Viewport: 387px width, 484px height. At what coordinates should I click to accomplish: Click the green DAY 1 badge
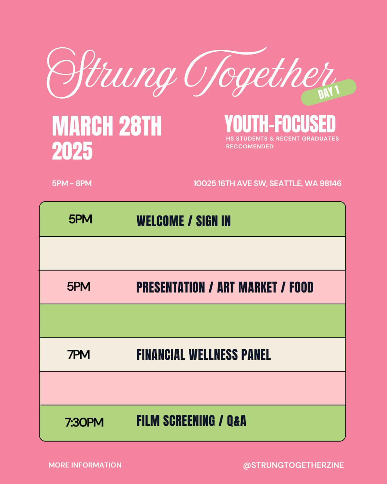tap(329, 92)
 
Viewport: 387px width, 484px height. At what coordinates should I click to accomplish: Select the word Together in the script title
tap(259, 73)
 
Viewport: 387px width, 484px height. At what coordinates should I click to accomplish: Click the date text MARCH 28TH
tap(107, 126)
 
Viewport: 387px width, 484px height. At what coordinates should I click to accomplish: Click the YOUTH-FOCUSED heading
tap(280, 124)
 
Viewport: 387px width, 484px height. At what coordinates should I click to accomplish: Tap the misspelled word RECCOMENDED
tap(250, 147)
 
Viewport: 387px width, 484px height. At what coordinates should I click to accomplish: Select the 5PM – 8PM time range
tap(72, 183)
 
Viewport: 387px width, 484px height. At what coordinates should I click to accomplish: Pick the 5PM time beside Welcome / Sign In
tap(80, 219)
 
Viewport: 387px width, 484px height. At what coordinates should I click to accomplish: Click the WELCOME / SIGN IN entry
tap(184, 221)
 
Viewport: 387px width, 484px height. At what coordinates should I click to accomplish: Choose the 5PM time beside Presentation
tap(78, 287)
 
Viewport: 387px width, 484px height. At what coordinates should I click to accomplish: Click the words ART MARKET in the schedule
tap(247, 287)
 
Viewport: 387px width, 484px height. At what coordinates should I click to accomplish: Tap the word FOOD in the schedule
tap(301, 287)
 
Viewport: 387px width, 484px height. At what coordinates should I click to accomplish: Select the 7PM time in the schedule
tap(78, 355)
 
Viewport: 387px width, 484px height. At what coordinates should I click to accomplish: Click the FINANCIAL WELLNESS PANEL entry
tap(204, 355)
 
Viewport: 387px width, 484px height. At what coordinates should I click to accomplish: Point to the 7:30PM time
tap(84, 422)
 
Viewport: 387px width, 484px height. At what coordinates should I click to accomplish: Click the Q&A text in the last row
tap(236, 421)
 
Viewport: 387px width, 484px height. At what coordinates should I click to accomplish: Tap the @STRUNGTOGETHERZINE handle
tap(293, 465)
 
